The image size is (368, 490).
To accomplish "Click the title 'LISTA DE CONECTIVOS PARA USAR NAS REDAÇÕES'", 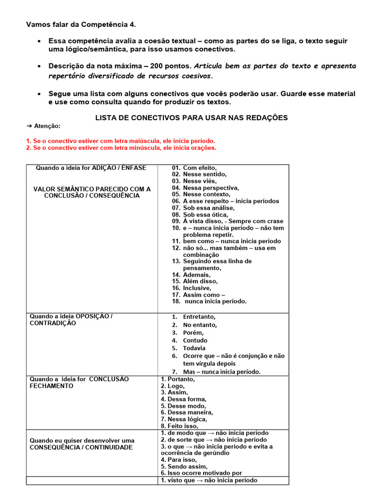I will (192, 118).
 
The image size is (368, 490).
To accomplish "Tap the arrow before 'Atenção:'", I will (29, 126).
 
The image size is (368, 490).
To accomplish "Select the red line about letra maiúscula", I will (121, 141).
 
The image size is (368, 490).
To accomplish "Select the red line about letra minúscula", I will (121, 148).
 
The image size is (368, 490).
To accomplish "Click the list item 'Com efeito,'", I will (200, 168).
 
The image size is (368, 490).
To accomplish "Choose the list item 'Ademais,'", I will (196, 275).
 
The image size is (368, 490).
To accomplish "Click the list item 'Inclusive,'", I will (196, 289).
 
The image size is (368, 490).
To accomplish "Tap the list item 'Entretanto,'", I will (199, 317).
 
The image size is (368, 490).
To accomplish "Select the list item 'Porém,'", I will (193, 333).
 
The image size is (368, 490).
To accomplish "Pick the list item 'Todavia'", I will (194, 348).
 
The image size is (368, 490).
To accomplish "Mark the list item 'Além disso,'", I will (200, 282).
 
